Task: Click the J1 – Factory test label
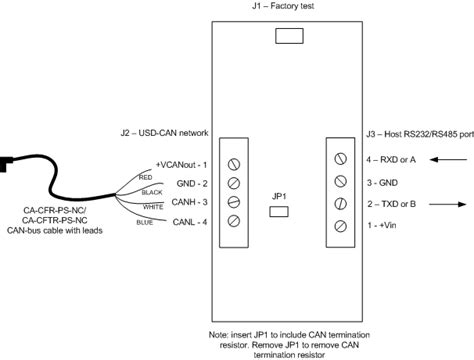283,7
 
